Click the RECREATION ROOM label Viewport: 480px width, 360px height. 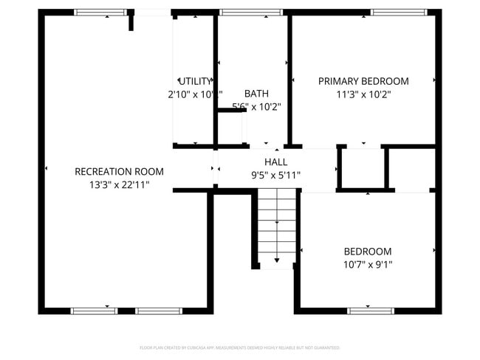119,171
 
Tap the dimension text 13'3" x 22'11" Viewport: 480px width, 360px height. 119,184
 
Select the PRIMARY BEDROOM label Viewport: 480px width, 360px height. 363,81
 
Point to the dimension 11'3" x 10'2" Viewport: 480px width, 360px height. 363,94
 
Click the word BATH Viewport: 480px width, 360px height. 256,94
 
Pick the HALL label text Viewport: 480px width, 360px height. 276,162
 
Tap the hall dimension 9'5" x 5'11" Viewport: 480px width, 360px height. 276,175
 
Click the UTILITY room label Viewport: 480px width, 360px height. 195,81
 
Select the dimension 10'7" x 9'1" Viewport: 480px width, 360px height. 367,264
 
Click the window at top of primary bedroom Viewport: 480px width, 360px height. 398,13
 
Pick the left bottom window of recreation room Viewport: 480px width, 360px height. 94,311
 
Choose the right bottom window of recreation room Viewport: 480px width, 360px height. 159,311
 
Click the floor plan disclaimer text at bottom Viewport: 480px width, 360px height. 239,347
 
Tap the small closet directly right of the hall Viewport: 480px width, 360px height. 362,169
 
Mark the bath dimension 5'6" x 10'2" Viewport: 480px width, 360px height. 256,107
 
